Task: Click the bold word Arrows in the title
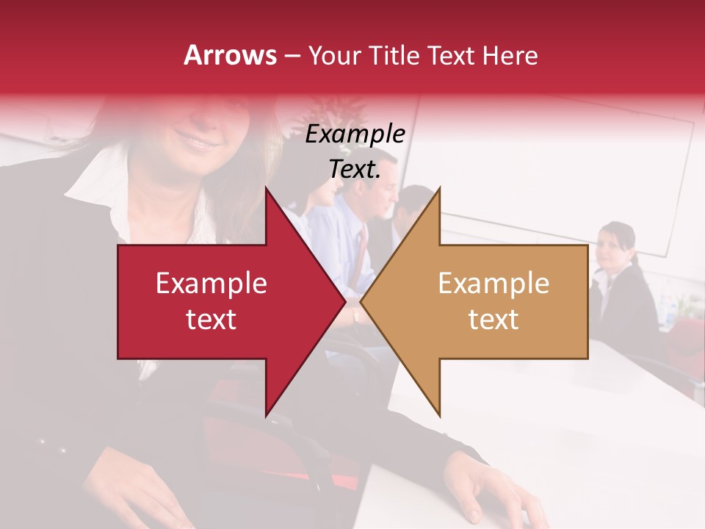click(x=230, y=55)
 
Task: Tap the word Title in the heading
click(x=393, y=55)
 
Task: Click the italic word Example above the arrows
click(x=355, y=135)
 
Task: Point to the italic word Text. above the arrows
click(x=355, y=170)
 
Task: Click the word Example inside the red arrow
click(x=211, y=284)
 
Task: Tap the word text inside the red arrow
click(x=211, y=320)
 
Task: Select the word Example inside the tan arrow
click(x=493, y=284)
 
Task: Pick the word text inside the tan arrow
click(x=493, y=320)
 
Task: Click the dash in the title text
click(x=292, y=56)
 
